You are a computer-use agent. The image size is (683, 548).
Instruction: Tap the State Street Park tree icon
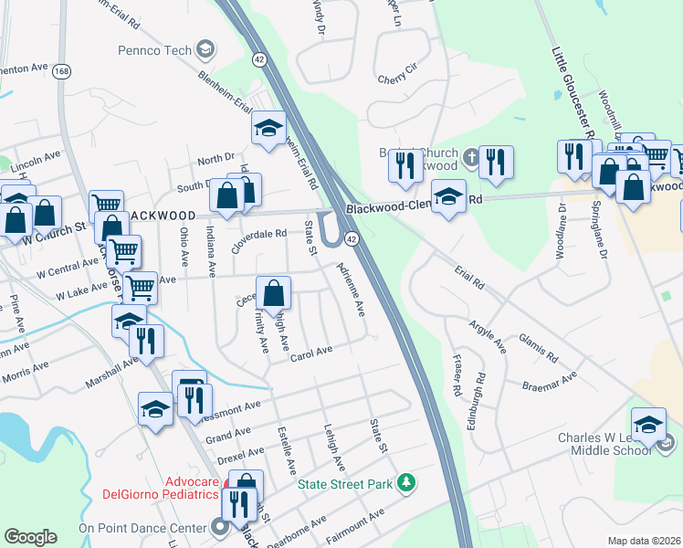click(409, 482)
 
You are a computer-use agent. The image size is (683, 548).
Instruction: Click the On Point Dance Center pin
click(219, 527)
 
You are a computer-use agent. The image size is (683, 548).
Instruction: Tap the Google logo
click(30, 537)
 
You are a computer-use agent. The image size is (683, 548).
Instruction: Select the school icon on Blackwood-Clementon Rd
click(448, 197)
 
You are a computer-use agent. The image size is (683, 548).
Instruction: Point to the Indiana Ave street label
click(211, 251)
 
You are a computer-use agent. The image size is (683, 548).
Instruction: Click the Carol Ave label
click(310, 354)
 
